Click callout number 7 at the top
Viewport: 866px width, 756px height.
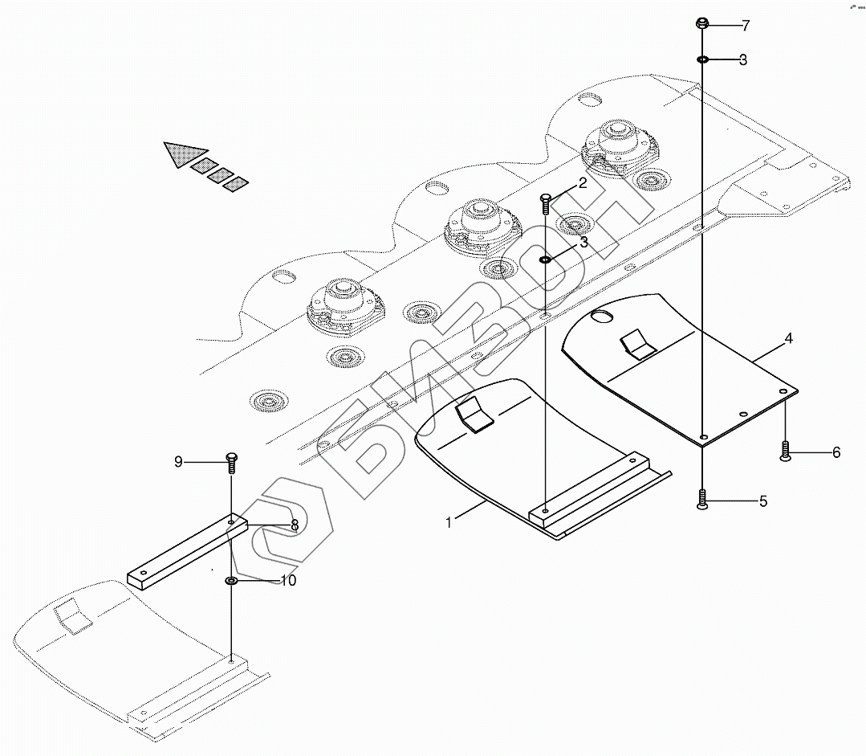[745, 26]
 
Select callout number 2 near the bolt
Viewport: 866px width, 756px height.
[583, 182]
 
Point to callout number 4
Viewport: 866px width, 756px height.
[789, 339]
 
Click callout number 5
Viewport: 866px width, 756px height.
[762, 501]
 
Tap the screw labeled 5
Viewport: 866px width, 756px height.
[702, 500]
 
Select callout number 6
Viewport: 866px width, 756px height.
[836, 452]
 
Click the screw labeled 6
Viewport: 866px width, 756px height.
[786, 452]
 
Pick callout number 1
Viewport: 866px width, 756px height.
[450, 522]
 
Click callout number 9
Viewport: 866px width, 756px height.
[179, 461]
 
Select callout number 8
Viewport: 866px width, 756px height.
[295, 525]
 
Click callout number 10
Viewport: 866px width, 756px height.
[288, 580]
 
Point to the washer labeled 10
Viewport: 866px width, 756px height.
[231, 580]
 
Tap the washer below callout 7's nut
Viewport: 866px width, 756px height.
[701, 59]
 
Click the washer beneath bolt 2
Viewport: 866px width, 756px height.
[546, 259]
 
